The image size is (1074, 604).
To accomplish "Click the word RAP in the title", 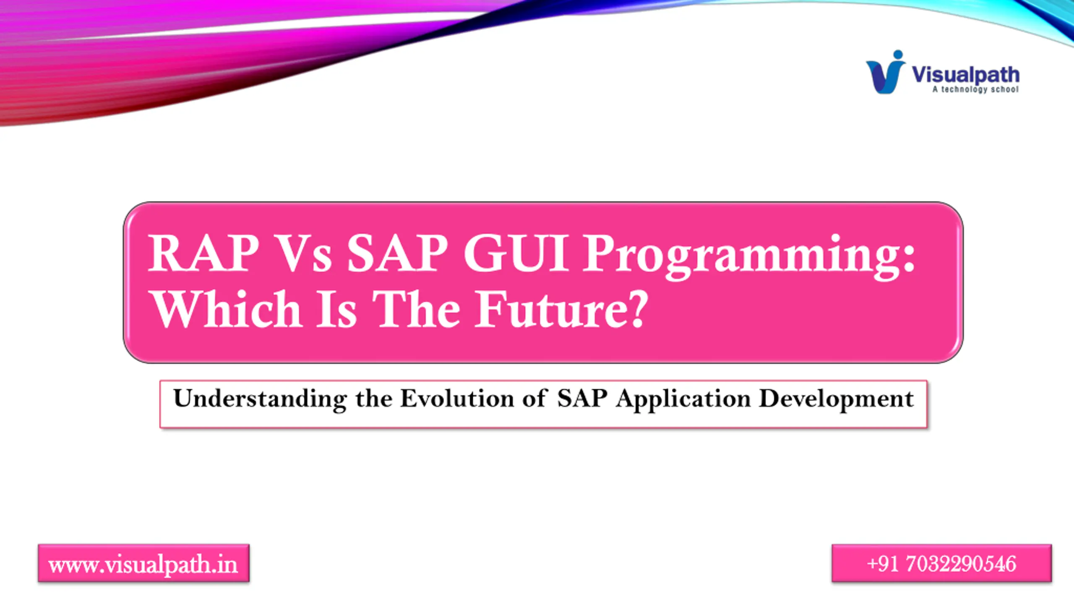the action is point(204,253).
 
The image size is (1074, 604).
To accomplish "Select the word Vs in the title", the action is point(303,253).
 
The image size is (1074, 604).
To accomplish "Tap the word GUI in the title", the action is point(516,253).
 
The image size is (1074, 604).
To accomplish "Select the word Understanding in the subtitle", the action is point(260,399).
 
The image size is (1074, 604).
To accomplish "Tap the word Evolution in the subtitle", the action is point(457,398).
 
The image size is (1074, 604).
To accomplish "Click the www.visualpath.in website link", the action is point(143,565).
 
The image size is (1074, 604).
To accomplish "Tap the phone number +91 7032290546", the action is point(941,564).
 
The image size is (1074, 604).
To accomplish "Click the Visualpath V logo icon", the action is point(885,72).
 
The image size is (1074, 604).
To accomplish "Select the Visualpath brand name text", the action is point(965,75).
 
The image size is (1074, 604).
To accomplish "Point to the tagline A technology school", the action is point(975,89).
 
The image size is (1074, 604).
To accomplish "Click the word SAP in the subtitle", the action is point(582,398).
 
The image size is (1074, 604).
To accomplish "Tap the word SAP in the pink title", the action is point(397,253).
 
